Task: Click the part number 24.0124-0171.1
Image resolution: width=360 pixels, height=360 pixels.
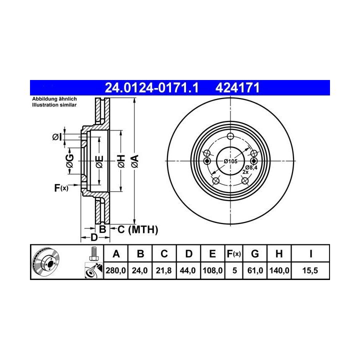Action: [x=151, y=87]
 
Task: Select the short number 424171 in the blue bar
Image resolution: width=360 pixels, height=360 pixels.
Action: [x=237, y=87]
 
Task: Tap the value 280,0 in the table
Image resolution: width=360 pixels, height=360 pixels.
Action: [x=115, y=270]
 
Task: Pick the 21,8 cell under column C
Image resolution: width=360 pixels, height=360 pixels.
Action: [x=163, y=270]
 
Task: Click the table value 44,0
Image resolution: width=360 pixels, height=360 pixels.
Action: [x=188, y=270]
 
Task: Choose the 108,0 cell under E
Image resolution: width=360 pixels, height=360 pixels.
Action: [x=212, y=270]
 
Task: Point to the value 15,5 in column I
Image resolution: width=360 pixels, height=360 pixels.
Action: [x=310, y=270]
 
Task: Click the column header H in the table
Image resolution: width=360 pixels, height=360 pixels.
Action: [x=279, y=254]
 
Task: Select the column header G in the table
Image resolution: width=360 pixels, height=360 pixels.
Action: [x=255, y=254]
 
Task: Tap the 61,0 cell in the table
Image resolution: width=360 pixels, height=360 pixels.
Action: [x=255, y=270]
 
